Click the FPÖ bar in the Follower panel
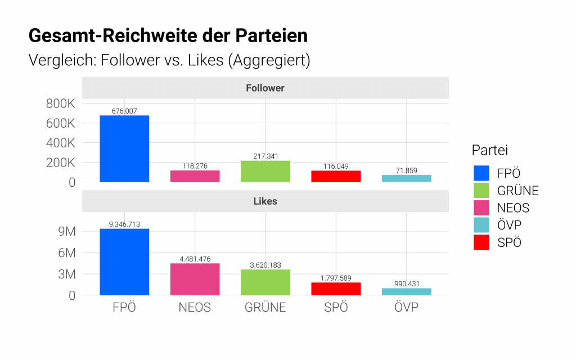click(x=124, y=149)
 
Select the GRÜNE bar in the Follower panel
click(x=265, y=172)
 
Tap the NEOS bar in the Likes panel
click(x=195, y=279)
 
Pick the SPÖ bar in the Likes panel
click(x=336, y=289)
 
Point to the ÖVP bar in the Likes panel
click(x=406, y=291)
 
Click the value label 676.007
click(x=124, y=111)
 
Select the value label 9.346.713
click(x=124, y=224)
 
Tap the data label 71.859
click(x=406, y=170)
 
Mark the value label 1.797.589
click(x=336, y=278)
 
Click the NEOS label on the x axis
click(x=195, y=308)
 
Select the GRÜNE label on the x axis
click(x=265, y=308)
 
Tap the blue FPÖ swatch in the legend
click(x=481, y=173)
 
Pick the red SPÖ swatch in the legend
click(x=481, y=242)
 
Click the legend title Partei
click(x=489, y=150)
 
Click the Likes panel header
click(x=265, y=201)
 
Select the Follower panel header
click(x=265, y=88)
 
